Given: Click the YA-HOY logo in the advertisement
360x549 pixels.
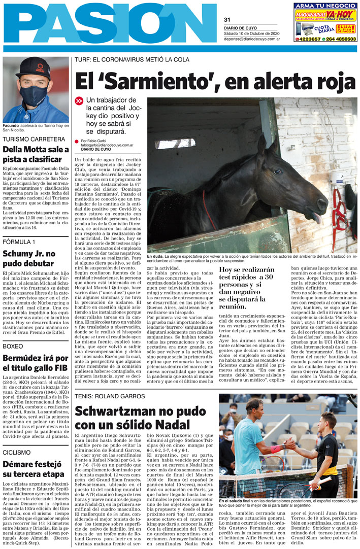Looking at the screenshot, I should [340, 15].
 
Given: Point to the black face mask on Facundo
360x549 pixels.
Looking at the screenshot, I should [34, 95].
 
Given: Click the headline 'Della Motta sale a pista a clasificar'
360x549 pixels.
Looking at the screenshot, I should [36, 154].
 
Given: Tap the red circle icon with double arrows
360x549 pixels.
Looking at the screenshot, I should [79, 101].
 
